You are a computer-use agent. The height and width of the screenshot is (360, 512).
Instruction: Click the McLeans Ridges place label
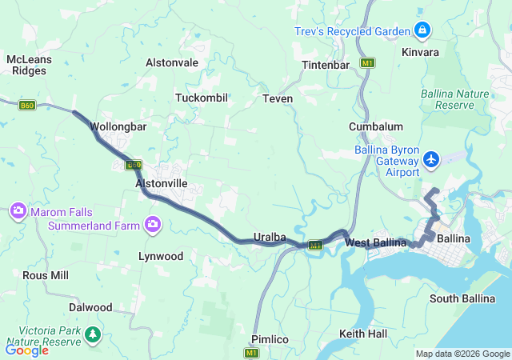(29, 65)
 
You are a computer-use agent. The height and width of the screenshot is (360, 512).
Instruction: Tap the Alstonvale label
(172, 62)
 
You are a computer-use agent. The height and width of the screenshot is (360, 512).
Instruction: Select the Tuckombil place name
(202, 98)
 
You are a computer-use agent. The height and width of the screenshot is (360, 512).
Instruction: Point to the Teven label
(278, 98)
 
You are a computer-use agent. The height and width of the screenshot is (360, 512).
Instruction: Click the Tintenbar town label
(326, 65)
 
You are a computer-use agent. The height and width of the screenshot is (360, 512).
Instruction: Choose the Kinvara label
(421, 52)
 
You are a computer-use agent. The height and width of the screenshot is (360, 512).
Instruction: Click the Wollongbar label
(117, 126)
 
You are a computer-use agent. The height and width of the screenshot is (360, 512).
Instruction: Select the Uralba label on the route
(270, 238)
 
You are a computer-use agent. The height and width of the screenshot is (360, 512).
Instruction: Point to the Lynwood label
(161, 257)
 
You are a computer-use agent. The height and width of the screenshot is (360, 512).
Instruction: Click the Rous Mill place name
(46, 275)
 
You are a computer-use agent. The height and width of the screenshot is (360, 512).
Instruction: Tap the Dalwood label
(90, 307)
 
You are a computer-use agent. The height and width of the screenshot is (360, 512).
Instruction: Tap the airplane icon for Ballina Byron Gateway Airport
(432, 159)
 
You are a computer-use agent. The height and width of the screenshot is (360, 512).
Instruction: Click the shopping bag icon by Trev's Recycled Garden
(422, 31)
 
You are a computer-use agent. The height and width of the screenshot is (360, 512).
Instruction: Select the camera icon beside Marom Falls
(18, 211)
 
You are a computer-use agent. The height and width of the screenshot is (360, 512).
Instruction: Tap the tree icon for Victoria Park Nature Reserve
(93, 333)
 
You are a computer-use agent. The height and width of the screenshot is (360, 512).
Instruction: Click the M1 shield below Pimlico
(253, 353)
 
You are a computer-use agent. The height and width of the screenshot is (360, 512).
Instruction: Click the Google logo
(26, 350)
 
